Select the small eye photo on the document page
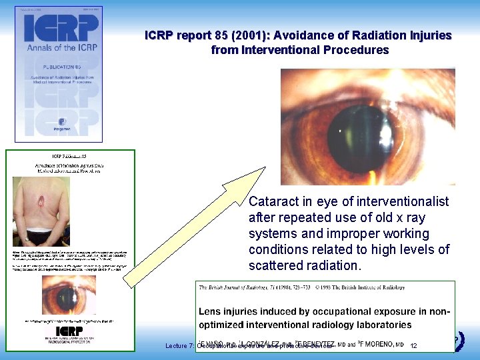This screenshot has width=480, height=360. point(70,293)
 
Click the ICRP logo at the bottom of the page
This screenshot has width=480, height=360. point(69,331)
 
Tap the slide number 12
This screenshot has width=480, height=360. point(413,346)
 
